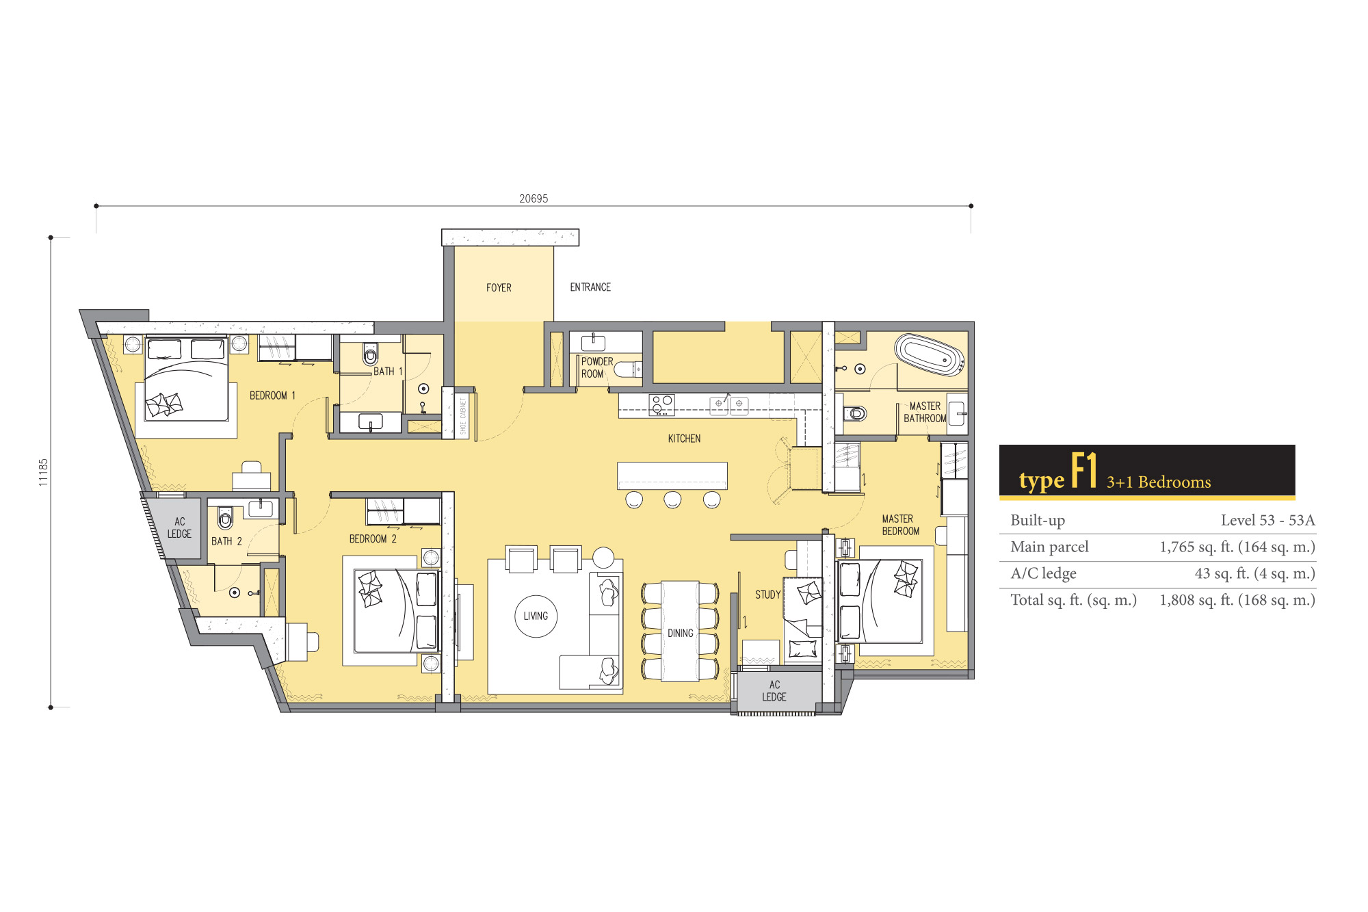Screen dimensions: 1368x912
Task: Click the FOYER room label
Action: point(499,288)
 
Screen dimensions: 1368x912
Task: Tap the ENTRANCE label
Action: point(590,287)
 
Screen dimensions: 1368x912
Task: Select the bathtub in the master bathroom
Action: point(930,354)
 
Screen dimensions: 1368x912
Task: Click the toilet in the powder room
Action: point(627,369)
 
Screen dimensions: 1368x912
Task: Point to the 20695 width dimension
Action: point(534,198)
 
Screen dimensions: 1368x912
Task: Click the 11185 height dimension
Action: point(44,472)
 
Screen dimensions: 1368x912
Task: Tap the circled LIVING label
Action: point(536,616)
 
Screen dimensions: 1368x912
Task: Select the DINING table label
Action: point(681,634)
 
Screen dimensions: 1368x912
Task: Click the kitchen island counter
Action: point(672,475)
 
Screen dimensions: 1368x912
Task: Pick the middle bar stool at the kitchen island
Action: point(672,499)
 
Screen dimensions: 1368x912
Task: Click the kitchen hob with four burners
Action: point(661,405)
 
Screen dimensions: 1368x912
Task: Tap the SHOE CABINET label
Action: point(463,416)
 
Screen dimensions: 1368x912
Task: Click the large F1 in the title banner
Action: point(1083,470)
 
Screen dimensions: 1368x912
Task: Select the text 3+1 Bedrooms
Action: point(1159,482)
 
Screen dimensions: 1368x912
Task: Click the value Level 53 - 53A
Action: point(1267,520)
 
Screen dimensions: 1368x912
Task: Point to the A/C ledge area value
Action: point(1254,573)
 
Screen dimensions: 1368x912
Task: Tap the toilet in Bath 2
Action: point(225,518)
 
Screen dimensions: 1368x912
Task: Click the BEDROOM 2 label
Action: point(373,539)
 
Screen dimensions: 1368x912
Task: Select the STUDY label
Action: point(767,595)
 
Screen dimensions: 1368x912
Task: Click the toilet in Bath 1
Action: point(370,354)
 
